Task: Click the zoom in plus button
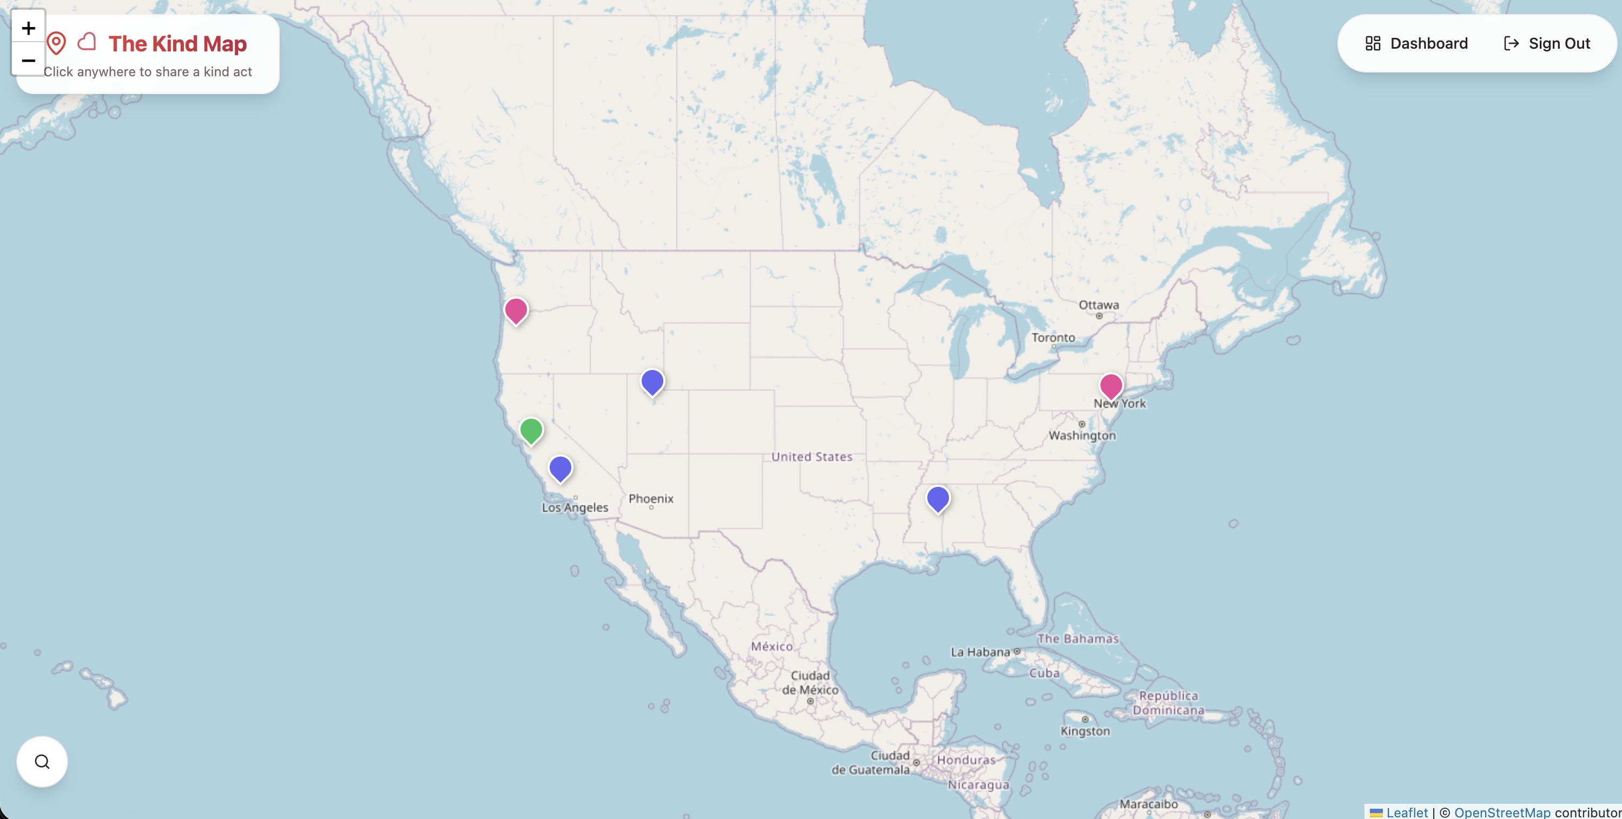click(x=28, y=28)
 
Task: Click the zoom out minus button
click(x=28, y=61)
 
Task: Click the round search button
click(x=42, y=762)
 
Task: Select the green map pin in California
click(x=531, y=431)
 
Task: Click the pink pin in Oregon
click(x=516, y=311)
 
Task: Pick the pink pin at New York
click(x=1111, y=385)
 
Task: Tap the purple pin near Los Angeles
click(x=560, y=468)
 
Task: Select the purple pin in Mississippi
click(x=938, y=499)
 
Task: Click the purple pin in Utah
click(x=652, y=381)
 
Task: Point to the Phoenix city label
click(x=650, y=499)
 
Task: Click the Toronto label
click(x=1053, y=338)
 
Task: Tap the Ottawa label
click(x=1099, y=305)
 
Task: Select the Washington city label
click(x=1082, y=435)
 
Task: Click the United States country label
click(x=812, y=457)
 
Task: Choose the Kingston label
click(x=1085, y=731)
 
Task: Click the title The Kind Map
click(x=177, y=43)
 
